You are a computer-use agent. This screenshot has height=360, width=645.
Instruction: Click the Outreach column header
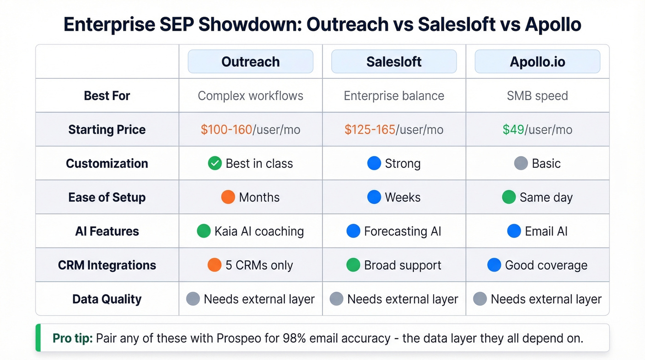click(251, 62)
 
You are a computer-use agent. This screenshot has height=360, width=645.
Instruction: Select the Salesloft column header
click(394, 62)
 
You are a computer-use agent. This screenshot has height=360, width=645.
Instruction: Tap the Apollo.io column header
click(537, 62)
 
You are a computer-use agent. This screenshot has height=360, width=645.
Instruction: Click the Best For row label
click(107, 96)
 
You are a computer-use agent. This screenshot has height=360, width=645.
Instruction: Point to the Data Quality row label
click(107, 299)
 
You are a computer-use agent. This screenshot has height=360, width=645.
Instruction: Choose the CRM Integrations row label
click(107, 266)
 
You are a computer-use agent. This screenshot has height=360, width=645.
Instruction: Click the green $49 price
click(513, 130)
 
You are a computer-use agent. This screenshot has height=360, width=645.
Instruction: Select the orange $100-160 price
click(226, 130)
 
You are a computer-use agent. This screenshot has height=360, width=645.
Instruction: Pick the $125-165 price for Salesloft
click(369, 130)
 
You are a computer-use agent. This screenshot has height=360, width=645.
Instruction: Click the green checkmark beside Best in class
click(215, 164)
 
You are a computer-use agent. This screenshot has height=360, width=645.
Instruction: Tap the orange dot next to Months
click(228, 197)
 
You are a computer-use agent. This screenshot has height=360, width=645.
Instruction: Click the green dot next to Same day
click(509, 197)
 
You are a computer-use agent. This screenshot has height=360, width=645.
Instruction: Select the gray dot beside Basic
click(521, 164)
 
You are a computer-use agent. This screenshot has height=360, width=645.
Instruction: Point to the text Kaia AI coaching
click(259, 231)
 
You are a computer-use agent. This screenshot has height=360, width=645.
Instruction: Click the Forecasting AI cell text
click(402, 231)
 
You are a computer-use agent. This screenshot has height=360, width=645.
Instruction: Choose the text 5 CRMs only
click(259, 266)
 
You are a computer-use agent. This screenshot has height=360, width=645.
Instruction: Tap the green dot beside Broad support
click(353, 265)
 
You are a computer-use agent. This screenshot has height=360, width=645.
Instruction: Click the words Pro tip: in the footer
click(73, 338)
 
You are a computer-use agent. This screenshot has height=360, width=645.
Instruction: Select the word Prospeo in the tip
click(239, 338)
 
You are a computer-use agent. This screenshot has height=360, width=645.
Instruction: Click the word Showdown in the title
click(250, 24)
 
